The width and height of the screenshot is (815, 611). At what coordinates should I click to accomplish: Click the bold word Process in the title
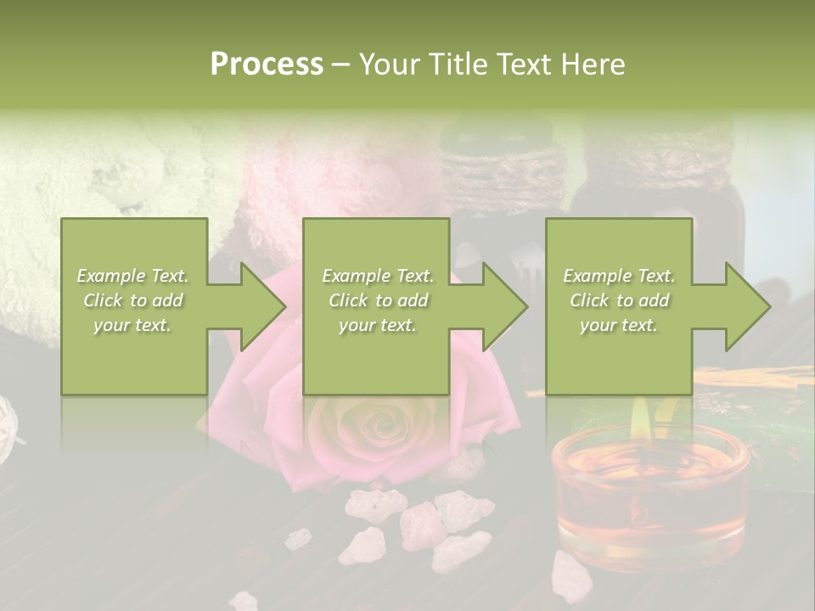pyautogui.click(x=267, y=64)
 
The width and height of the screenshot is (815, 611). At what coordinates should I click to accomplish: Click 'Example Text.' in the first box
pyautogui.click(x=132, y=276)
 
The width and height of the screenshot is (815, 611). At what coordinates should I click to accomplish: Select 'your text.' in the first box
pyautogui.click(x=132, y=325)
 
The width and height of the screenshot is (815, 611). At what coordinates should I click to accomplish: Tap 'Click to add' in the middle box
pyautogui.click(x=378, y=300)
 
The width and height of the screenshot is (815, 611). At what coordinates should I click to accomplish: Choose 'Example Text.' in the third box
pyautogui.click(x=619, y=276)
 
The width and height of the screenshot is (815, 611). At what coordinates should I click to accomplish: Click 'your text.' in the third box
pyautogui.click(x=619, y=325)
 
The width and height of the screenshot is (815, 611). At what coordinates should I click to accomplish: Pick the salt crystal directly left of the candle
pyautogui.click(x=463, y=510)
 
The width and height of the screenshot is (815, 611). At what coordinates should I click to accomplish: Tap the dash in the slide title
pyautogui.click(x=340, y=64)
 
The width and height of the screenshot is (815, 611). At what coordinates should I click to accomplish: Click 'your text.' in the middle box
pyautogui.click(x=378, y=325)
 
